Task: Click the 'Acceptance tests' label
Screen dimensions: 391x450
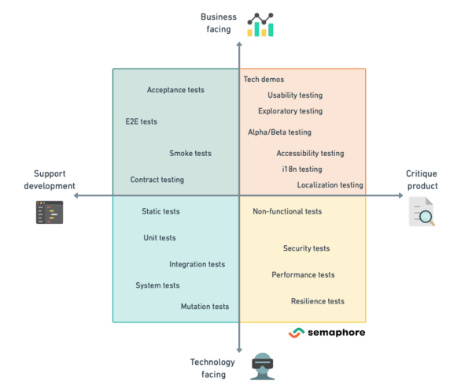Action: point(175,90)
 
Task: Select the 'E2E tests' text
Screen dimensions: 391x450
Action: point(142,122)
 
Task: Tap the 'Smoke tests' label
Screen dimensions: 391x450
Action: point(190,154)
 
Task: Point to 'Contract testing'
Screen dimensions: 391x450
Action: point(157,180)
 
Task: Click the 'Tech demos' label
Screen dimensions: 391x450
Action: point(264,80)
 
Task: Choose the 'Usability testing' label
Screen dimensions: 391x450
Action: point(295,95)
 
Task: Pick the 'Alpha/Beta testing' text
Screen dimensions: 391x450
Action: point(279,132)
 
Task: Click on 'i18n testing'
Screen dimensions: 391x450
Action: point(301,169)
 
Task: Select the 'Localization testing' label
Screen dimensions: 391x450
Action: point(330,185)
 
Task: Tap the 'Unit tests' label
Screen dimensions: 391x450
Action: point(160,238)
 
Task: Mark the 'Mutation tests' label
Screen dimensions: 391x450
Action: point(205,307)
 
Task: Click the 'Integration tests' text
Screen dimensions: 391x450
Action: point(197,265)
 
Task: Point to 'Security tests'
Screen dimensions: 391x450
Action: point(306,249)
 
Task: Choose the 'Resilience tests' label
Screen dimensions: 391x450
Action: point(317,301)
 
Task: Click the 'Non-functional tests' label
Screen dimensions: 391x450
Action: point(287,212)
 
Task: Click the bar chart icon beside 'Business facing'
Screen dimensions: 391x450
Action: point(260,26)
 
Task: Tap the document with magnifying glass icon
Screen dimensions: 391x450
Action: point(422,212)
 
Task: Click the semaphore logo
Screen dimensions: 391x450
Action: point(326,333)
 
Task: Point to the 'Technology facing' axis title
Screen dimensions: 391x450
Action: point(212,368)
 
